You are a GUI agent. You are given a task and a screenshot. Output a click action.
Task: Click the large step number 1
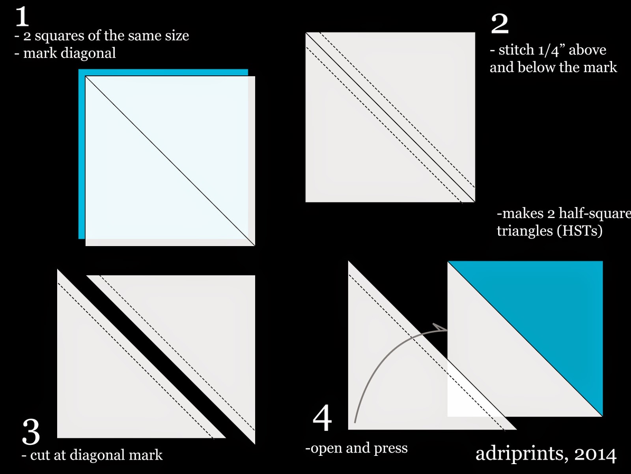22,17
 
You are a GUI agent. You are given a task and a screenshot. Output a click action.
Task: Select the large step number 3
31,431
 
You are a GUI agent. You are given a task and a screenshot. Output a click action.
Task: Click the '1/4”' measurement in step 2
551,50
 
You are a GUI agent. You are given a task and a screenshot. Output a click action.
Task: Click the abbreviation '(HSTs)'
579,230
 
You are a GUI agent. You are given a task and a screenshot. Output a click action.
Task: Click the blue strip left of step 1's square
82,158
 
